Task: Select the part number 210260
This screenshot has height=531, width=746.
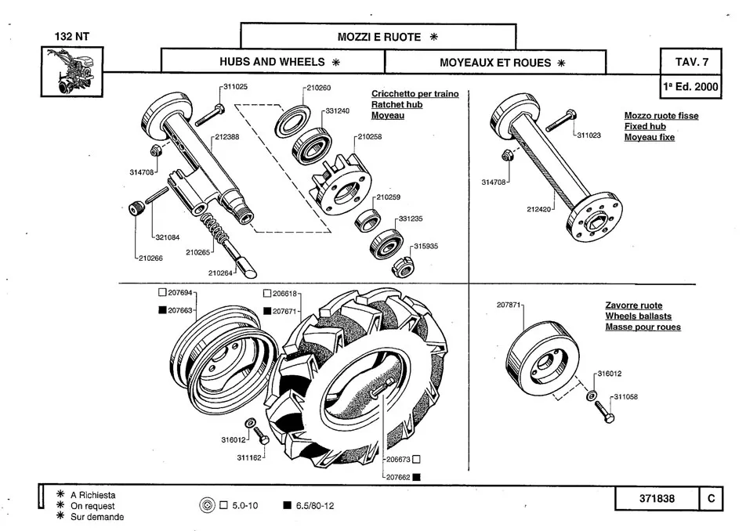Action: (319, 88)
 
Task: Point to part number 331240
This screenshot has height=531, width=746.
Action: (338, 111)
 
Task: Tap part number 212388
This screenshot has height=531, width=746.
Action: (227, 137)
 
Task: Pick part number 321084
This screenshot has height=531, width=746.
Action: (167, 237)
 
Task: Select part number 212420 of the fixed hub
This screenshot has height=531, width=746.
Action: (540, 209)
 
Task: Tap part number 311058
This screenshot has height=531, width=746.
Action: (625, 397)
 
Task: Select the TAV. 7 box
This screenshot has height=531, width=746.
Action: (692, 61)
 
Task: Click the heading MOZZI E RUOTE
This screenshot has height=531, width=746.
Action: (379, 37)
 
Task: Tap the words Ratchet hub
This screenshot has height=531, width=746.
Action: (397, 104)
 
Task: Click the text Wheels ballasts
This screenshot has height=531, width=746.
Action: (638, 316)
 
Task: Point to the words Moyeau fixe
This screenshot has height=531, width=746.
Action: (649, 138)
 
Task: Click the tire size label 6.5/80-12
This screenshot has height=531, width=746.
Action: (314, 505)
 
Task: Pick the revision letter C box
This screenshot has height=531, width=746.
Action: (710, 499)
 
